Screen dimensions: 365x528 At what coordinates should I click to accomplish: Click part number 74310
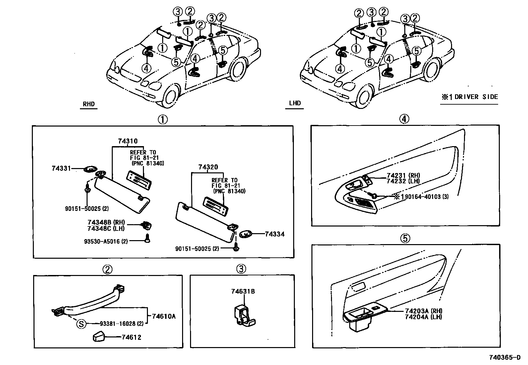pos(128,141)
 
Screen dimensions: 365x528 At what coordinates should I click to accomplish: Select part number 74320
pos(208,167)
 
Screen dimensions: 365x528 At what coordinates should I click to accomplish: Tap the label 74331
pos(61,168)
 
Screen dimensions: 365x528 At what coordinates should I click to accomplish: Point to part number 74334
pos(275,234)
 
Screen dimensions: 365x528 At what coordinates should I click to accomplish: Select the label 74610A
pos(164,316)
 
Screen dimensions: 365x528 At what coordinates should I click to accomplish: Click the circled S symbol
pos(81,323)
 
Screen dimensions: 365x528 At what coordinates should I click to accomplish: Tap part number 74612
pos(131,337)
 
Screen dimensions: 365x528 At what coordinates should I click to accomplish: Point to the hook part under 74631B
pos(245,315)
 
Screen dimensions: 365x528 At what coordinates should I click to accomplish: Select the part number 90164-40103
pos(424,197)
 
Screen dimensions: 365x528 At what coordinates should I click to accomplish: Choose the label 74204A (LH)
pos(424,317)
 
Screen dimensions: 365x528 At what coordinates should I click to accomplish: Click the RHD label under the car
pos(89,104)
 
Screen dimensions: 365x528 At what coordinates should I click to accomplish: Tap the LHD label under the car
pos(295,103)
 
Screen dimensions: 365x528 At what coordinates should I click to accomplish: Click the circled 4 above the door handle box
pos(404,119)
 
